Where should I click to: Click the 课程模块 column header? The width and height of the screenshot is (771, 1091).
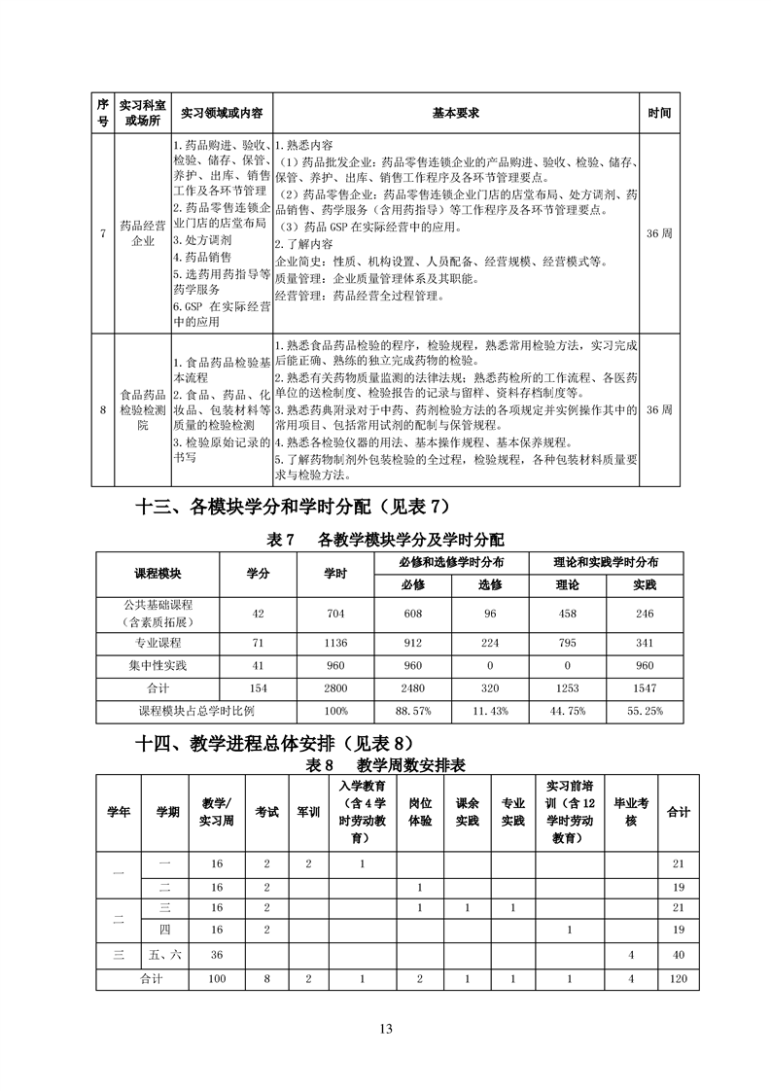[x=158, y=573]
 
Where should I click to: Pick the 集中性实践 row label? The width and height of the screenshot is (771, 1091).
[x=158, y=666]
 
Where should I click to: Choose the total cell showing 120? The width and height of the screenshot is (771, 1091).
[x=679, y=979]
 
